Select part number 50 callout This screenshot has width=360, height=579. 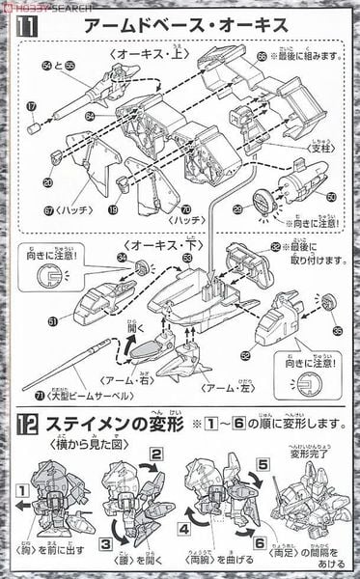click(x=331, y=196)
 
